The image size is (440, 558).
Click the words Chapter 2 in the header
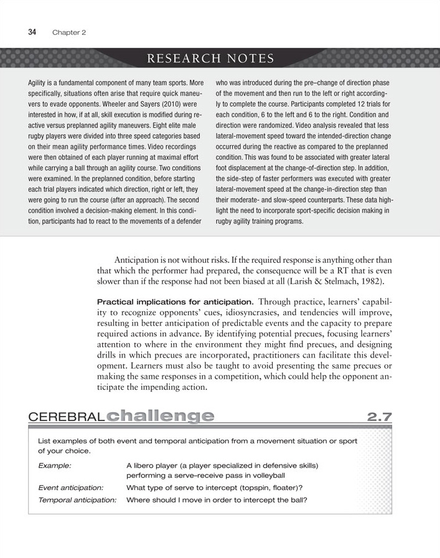pyautogui.click(x=69, y=32)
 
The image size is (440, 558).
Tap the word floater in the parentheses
pyautogui.click(x=296, y=488)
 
